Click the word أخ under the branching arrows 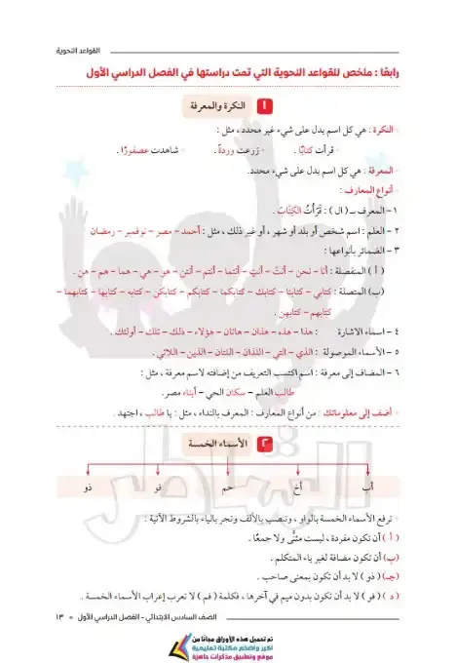coord(299,485)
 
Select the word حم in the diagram coord(230,485)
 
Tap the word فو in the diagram coord(159,485)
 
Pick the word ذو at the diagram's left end coord(89,485)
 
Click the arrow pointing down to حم coord(230,471)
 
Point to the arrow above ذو coord(89,471)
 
